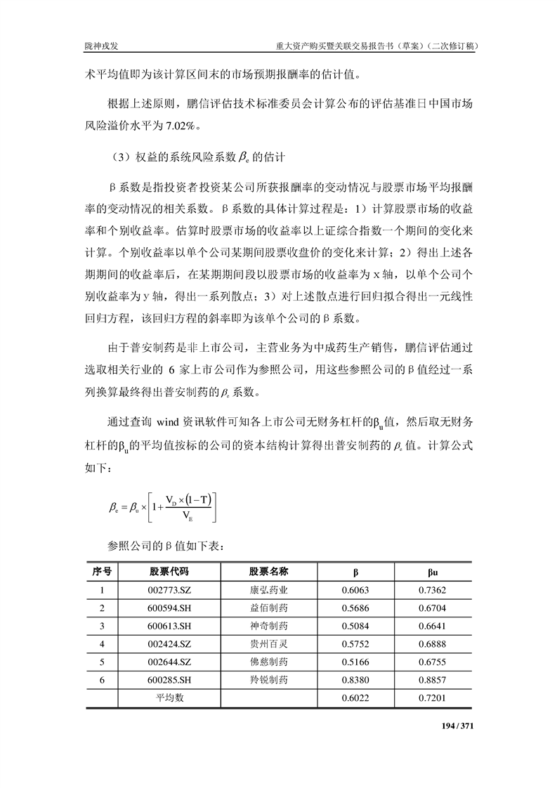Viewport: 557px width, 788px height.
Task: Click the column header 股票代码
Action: click(169, 571)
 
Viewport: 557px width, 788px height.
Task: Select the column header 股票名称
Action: click(269, 571)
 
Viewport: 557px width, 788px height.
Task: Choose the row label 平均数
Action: click(169, 698)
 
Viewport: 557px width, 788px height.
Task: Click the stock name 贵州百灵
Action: click(269, 643)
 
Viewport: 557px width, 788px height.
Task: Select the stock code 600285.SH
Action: click(169, 680)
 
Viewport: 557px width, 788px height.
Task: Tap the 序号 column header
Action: click(102, 571)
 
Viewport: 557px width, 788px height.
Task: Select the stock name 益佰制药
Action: click(269, 608)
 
